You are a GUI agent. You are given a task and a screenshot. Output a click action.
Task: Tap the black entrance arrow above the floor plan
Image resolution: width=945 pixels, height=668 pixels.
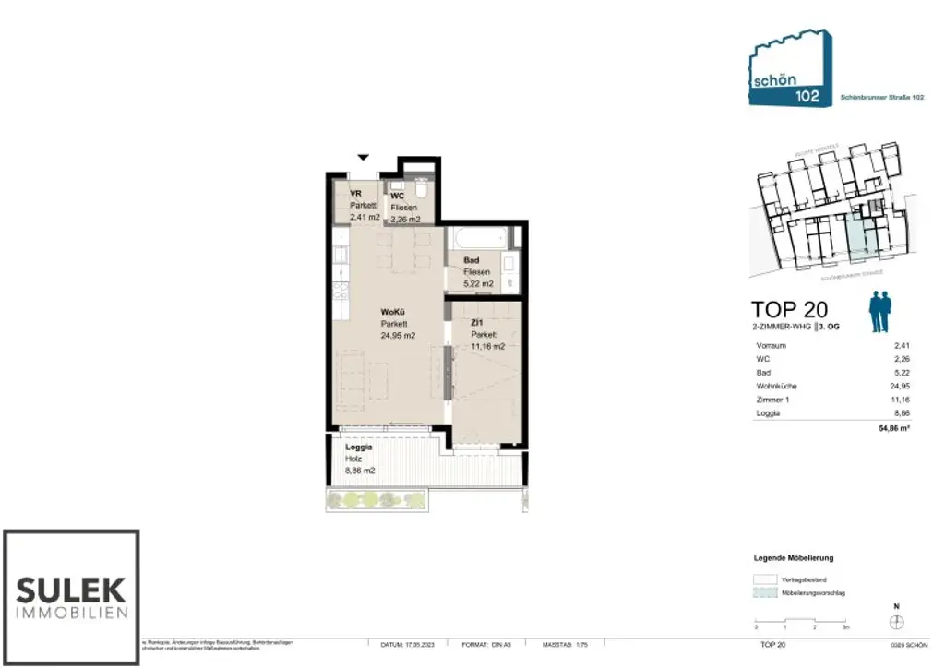(x=364, y=158)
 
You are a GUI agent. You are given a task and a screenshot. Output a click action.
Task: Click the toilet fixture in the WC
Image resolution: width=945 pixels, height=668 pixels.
(x=421, y=191)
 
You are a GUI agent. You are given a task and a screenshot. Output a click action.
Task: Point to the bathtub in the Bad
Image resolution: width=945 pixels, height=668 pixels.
(x=478, y=238)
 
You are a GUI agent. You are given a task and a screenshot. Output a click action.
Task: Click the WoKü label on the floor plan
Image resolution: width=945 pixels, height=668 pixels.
(x=392, y=312)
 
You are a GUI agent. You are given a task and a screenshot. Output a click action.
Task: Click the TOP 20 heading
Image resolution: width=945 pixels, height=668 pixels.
(x=789, y=308)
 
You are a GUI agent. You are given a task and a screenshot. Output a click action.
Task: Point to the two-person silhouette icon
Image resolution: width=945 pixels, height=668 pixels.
(x=881, y=311)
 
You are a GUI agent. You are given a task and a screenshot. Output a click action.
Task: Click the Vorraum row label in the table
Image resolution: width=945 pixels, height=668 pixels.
(x=770, y=344)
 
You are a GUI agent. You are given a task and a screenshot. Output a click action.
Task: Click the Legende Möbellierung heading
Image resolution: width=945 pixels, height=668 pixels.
(x=795, y=558)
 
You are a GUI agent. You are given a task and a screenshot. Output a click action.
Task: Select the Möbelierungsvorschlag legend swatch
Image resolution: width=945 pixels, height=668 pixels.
(x=766, y=592)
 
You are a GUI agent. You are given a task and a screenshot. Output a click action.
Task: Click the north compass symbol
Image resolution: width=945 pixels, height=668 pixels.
(x=897, y=623)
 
